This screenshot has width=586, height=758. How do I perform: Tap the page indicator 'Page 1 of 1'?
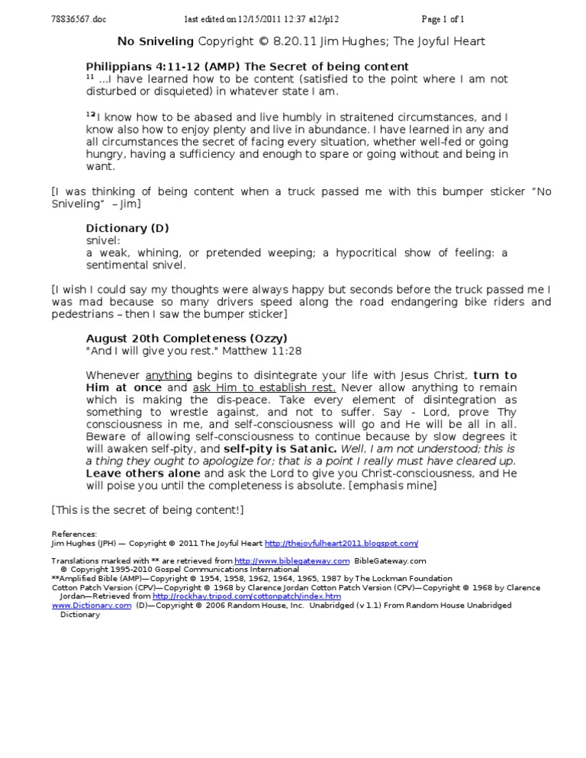tap(443, 18)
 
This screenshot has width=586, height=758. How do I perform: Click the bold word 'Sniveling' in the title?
tap(166, 41)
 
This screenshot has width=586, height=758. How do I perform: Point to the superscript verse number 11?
tap(89, 78)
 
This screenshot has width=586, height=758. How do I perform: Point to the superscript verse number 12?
tap(90, 114)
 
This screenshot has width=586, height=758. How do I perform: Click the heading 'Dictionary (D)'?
tap(127, 228)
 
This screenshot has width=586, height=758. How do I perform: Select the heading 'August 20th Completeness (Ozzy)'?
tap(187, 338)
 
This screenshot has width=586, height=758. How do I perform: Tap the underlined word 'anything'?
tap(169, 375)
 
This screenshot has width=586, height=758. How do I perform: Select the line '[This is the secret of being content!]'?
tap(147, 509)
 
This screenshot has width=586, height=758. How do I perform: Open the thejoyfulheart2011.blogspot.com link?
tap(341, 544)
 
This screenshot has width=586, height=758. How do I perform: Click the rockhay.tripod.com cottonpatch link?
tap(246, 596)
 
